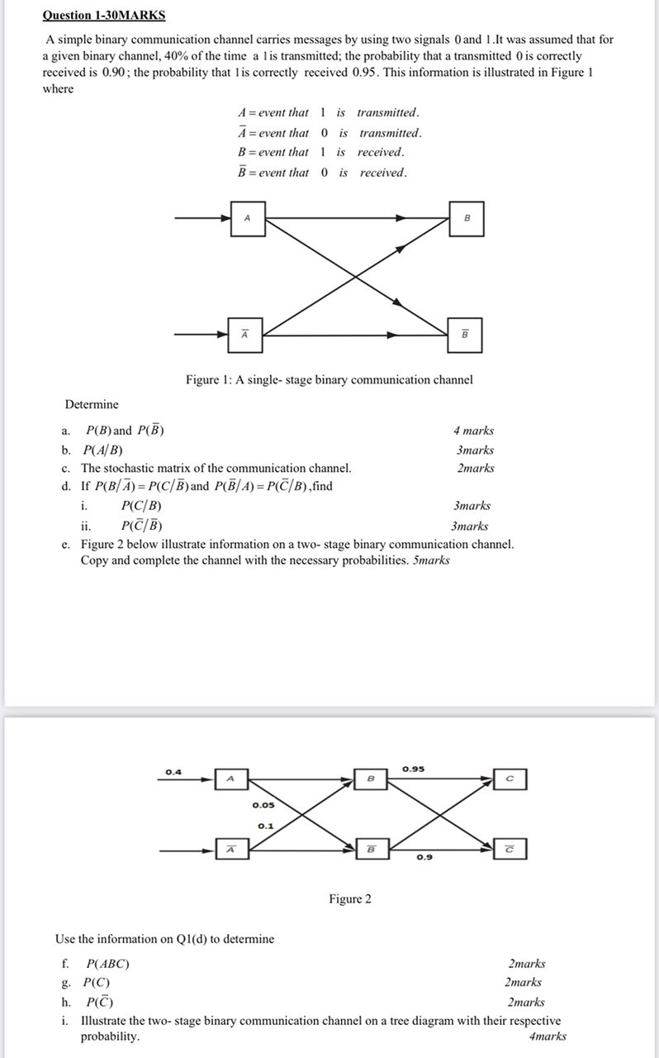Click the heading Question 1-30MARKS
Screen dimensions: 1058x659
point(104,16)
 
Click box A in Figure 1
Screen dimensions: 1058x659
point(247,218)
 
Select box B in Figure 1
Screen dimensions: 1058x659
point(467,218)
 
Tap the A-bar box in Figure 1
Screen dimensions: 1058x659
point(244,335)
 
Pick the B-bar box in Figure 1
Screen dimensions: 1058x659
point(464,335)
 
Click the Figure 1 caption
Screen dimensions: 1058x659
point(329,380)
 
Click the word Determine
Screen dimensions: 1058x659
point(92,404)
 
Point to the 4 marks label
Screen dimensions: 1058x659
point(473,431)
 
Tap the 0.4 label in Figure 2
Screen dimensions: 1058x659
point(173,772)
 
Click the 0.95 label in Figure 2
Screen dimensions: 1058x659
point(414,770)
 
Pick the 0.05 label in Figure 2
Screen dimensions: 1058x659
point(263,805)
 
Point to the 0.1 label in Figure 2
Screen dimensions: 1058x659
point(265,826)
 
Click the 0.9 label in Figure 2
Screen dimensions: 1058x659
point(424,858)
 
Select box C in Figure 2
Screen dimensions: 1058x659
point(510,779)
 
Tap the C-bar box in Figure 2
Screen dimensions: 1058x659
point(510,849)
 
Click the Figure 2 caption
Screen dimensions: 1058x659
point(350,899)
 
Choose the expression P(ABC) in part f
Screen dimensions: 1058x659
point(107,964)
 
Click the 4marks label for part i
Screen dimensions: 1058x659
point(548,1037)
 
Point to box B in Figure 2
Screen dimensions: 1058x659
point(371,779)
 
